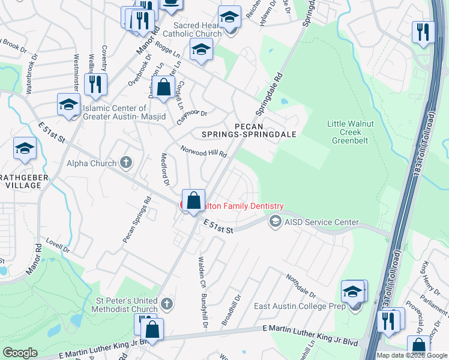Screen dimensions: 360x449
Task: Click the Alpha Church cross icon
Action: tap(125, 162)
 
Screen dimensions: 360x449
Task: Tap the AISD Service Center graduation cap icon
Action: tap(275, 222)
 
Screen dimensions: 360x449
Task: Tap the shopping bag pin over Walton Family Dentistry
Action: tap(193, 201)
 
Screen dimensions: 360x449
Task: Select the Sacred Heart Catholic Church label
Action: tap(197, 29)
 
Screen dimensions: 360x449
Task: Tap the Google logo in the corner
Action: tap(20, 353)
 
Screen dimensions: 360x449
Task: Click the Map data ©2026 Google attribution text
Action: tap(412, 355)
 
